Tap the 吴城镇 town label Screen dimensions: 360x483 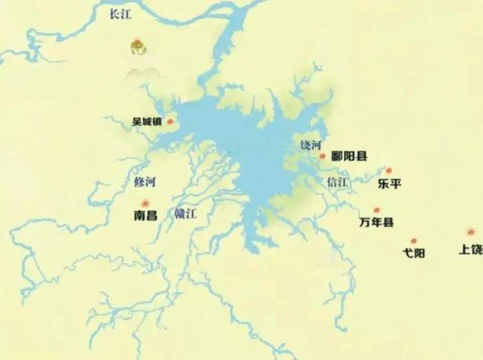[x=147, y=122]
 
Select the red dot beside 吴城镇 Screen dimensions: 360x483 [x=170, y=122]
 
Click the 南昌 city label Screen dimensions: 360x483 [x=145, y=216]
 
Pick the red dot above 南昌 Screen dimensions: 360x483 [x=145, y=203]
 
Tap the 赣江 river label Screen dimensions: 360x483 [x=186, y=214]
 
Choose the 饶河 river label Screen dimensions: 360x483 [x=310, y=145]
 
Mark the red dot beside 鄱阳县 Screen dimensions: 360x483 [x=323, y=157]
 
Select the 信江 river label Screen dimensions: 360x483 [x=337, y=182]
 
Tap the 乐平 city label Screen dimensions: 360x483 [x=389, y=184]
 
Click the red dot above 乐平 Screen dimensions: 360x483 [x=389, y=171]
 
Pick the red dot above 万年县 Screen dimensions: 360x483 [x=377, y=210]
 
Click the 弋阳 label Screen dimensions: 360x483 [x=414, y=253]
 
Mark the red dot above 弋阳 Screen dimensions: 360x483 [x=414, y=241]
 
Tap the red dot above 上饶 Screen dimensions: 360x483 [x=471, y=232]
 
